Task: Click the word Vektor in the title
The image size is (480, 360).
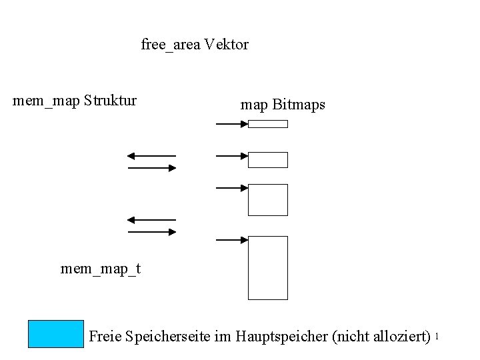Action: (x=227, y=45)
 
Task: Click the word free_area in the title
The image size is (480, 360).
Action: (x=171, y=45)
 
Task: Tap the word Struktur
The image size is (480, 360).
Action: (x=111, y=101)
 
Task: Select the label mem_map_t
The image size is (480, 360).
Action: (x=101, y=269)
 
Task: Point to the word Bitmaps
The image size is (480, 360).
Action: (x=299, y=105)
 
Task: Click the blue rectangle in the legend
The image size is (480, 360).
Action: (x=56, y=334)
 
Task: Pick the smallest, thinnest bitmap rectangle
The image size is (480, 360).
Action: (x=268, y=123)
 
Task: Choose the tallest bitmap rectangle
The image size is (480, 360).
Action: (x=268, y=267)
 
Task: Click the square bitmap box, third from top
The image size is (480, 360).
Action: (x=268, y=200)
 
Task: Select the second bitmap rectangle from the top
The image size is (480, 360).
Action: (x=268, y=160)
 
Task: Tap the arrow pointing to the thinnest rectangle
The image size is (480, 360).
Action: (x=232, y=123)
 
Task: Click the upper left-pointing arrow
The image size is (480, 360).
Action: (x=151, y=156)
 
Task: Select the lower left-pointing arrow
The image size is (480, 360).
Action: (x=151, y=219)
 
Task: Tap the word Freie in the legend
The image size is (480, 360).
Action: (x=105, y=336)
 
